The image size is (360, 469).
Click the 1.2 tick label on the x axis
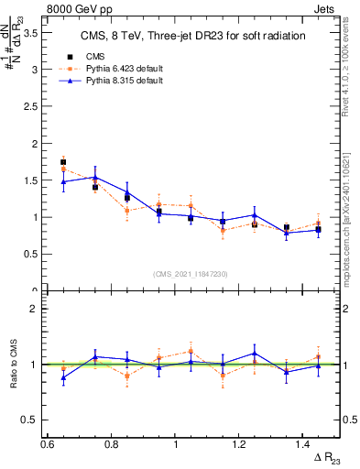point(240,444)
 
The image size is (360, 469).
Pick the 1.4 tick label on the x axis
point(304,444)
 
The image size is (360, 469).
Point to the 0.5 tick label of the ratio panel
point(29,420)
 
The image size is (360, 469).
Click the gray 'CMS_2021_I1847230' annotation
point(191,274)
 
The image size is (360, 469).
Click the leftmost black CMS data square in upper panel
point(63,162)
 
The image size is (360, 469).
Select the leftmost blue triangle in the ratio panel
point(63,377)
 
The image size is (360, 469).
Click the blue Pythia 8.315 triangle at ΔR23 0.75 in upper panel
point(95,177)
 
